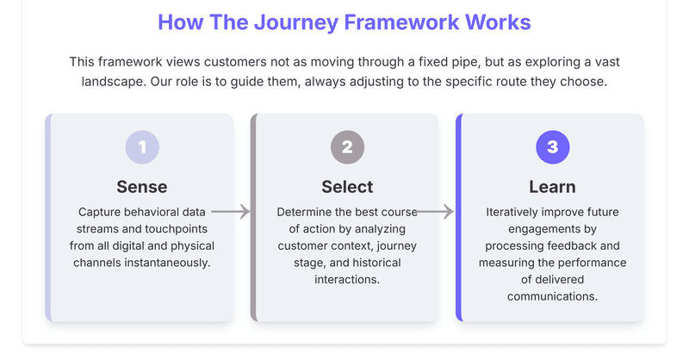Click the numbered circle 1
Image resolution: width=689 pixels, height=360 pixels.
[x=142, y=147]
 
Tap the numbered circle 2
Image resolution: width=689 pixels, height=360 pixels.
[x=347, y=147]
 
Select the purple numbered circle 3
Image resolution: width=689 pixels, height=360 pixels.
[x=552, y=147]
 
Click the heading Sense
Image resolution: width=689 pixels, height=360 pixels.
[x=142, y=187]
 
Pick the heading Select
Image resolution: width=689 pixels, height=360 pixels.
[x=347, y=187]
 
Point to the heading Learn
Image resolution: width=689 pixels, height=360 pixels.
[x=552, y=187]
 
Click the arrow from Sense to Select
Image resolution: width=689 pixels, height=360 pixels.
[x=231, y=211]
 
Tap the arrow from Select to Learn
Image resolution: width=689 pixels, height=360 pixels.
[x=436, y=211]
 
